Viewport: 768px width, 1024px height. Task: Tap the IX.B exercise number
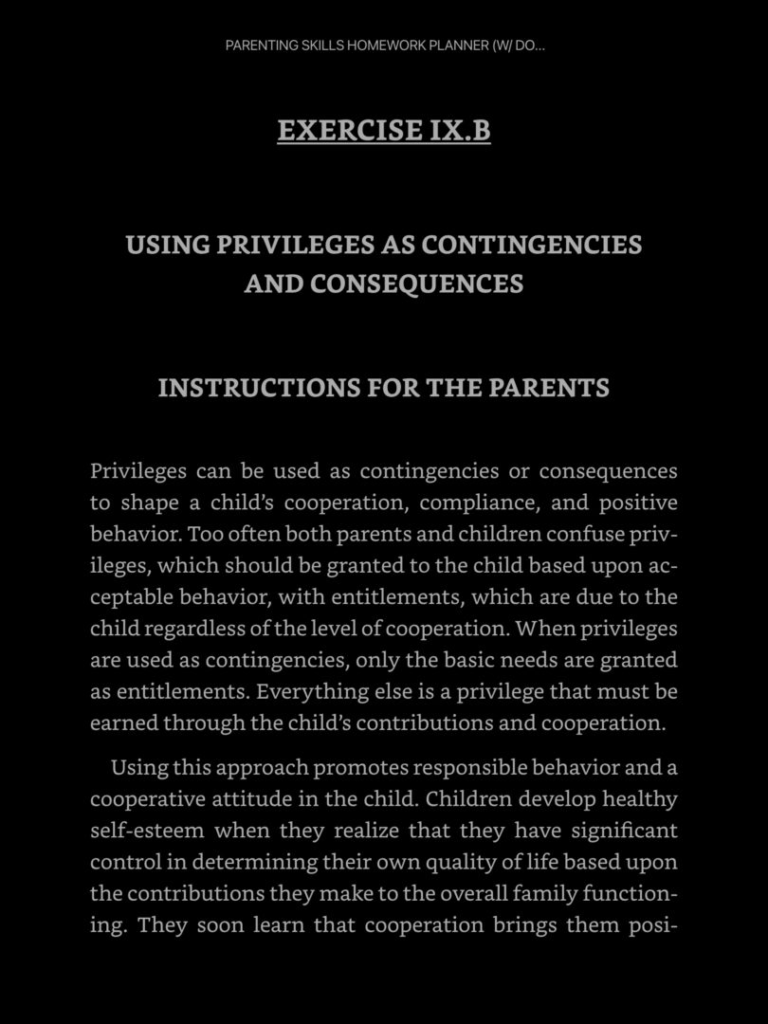[x=460, y=130]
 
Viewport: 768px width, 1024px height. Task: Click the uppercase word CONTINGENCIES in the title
[x=531, y=245]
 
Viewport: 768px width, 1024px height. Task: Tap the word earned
[x=123, y=722]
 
